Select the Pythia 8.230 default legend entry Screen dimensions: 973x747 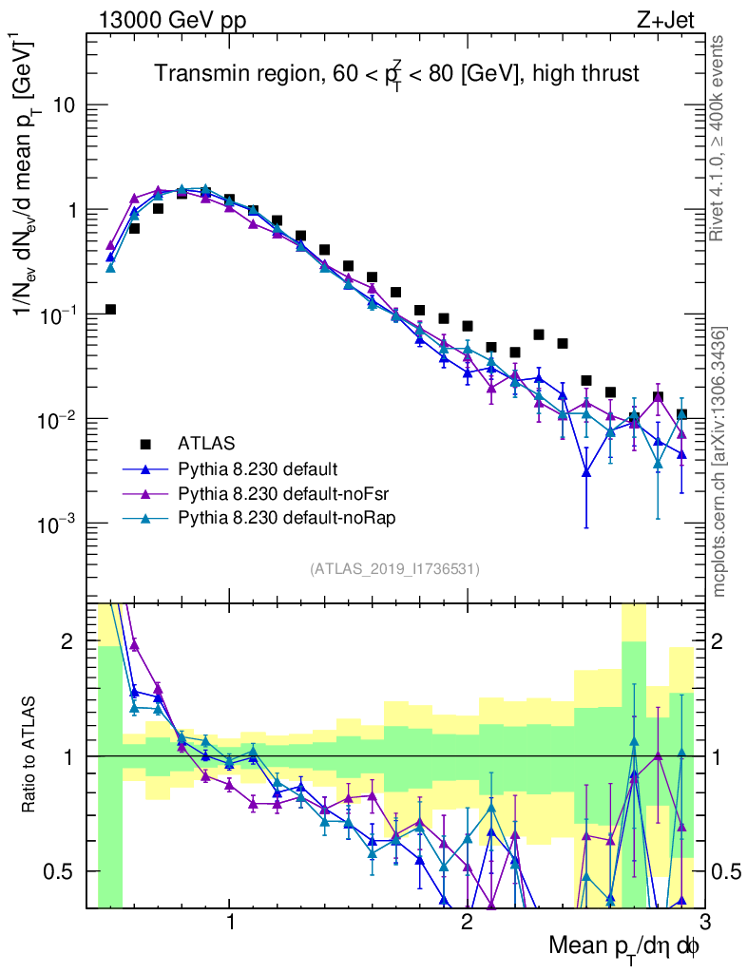pyautogui.click(x=258, y=468)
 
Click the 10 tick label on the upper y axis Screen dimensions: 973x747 pyautogui.click(x=64, y=105)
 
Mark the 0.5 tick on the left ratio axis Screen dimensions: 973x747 pyautogui.click(x=61, y=871)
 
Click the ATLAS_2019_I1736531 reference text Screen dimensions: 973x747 pyautogui.click(x=394, y=569)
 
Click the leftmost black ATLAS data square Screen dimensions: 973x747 pyautogui.click(x=110, y=309)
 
